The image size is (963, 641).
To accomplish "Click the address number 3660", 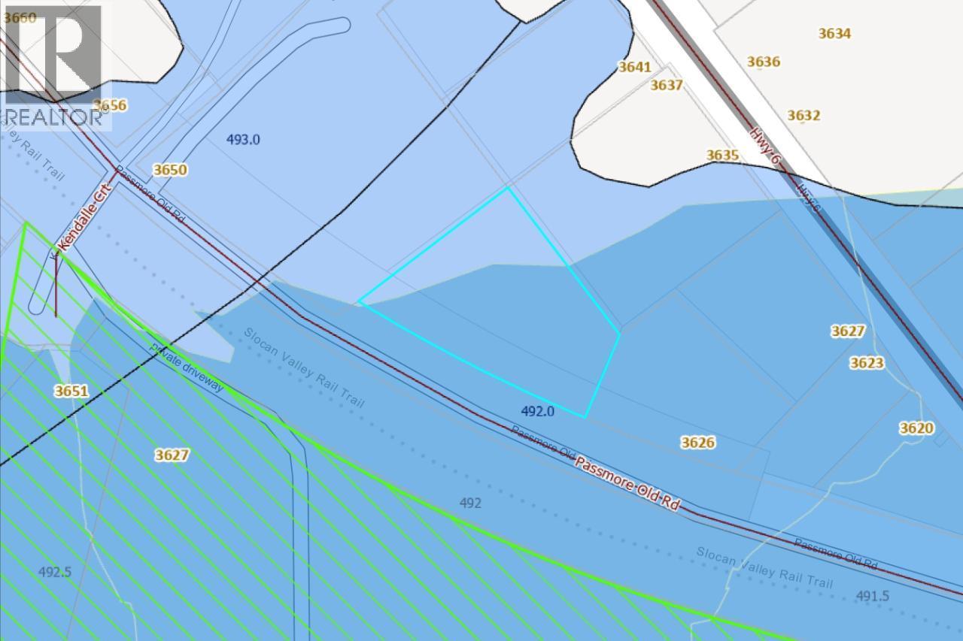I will click(20, 17).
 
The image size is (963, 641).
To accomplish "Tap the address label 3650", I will click(170, 170).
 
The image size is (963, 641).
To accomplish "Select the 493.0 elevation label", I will click(243, 139).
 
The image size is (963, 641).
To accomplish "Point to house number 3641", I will click(634, 67).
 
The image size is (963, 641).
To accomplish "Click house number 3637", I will click(667, 85).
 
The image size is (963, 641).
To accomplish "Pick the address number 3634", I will click(834, 33).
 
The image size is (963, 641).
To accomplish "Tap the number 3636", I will click(764, 62).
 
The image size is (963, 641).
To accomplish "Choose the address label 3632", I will click(804, 115).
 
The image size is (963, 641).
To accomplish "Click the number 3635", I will click(722, 155).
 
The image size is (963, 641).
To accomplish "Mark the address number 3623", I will click(867, 363).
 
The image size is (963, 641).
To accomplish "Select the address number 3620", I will click(916, 428).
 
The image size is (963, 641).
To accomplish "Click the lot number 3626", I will click(697, 442).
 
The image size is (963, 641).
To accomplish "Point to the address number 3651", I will click(71, 391).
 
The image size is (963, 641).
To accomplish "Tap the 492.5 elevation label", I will click(55, 571).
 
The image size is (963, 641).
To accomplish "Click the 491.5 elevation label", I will click(873, 596).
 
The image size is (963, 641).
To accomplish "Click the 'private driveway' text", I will click(187, 367).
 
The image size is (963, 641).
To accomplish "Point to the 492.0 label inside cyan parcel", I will click(537, 411).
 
